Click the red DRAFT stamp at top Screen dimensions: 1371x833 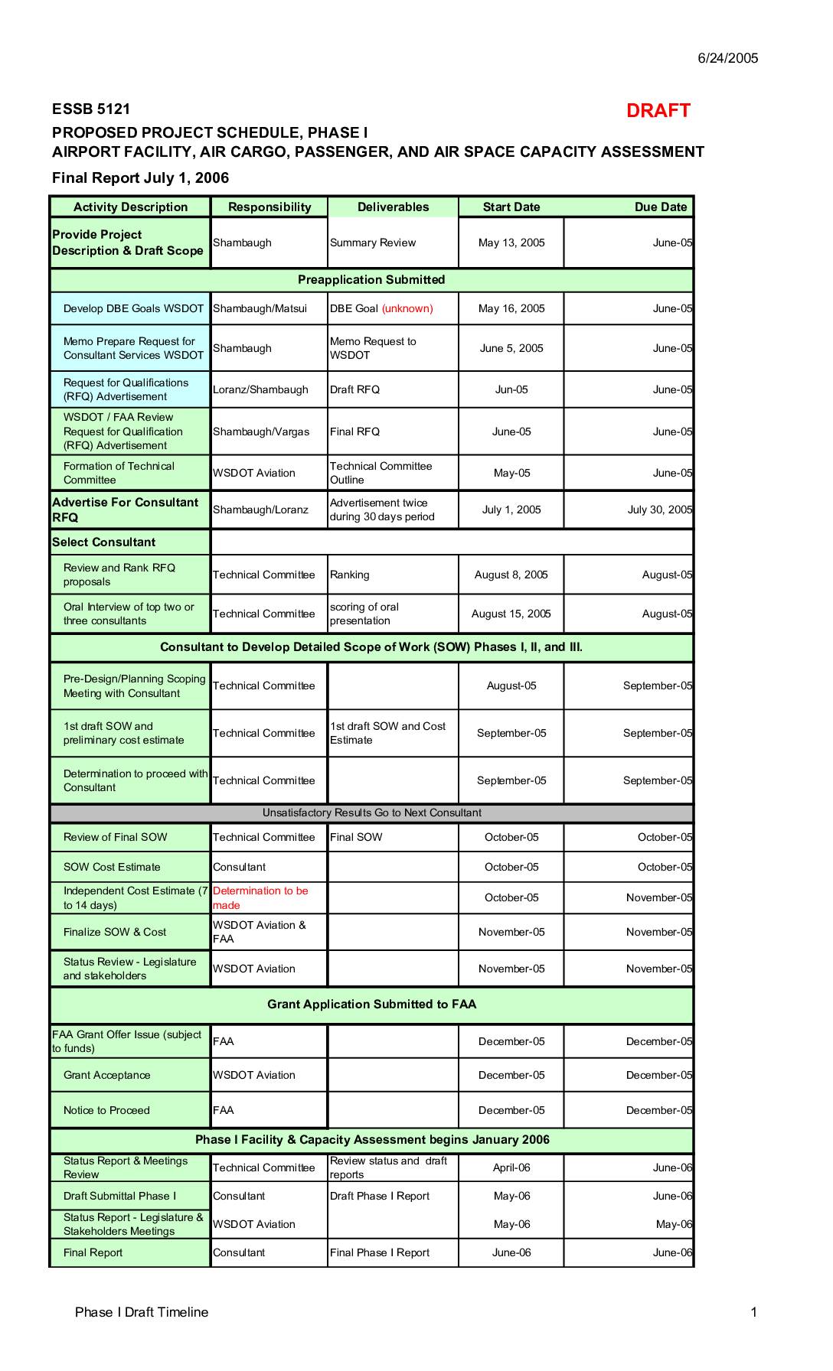[x=658, y=111]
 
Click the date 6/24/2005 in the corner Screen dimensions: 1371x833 [x=727, y=58]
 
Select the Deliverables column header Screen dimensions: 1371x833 [x=393, y=207]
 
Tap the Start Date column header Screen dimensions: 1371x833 [x=511, y=207]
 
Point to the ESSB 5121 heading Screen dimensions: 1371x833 [x=91, y=109]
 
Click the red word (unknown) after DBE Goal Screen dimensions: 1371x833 [x=407, y=309]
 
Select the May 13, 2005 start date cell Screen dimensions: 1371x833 [x=511, y=243]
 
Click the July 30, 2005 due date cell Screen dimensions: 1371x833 [x=659, y=510]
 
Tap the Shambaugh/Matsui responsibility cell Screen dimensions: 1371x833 [x=260, y=309]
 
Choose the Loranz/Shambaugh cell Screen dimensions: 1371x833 [x=260, y=390]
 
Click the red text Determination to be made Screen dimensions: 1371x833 [x=260, y=898]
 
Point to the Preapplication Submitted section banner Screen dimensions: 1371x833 [x=371, y=280]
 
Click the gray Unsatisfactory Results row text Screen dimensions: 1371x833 [x=372, y=813]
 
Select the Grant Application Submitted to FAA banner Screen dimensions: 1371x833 [x=371, y=1005]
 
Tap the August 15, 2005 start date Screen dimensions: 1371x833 [x=511, y=614]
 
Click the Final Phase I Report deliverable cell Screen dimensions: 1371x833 [x=380, y=1253]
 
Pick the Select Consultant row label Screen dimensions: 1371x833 [x=103, y=542]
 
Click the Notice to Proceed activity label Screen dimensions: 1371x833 [x=106, y=1111]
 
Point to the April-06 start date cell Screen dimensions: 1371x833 [x=511, y=1168]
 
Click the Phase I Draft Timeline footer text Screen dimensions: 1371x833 [x=142, y=1313]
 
